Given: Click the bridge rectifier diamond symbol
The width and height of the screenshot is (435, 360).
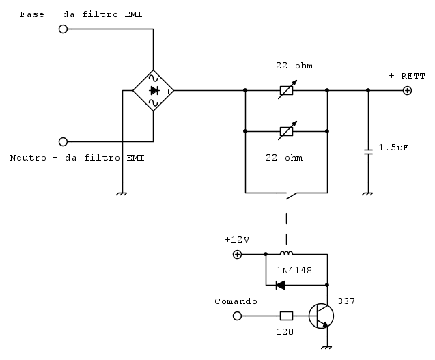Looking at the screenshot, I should click(x=153, y=90).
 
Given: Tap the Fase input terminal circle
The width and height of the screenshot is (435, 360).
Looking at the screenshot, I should click(x=64, y=29).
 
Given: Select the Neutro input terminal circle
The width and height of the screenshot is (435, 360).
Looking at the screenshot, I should click(x=64, y=141).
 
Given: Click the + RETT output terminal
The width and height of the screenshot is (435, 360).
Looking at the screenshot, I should click(x=407, y=90).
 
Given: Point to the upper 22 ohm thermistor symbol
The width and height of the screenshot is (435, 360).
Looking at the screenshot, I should click(x=287, y=90).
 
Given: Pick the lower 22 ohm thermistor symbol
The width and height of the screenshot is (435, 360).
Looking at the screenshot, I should click(x=287, y=130).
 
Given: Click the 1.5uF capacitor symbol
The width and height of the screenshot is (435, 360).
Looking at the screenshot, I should click(x=369, y=152).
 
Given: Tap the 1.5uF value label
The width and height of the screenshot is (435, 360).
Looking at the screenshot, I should click(x=394, y=147).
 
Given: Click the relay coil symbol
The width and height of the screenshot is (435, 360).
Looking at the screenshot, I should click(x=286, y=253).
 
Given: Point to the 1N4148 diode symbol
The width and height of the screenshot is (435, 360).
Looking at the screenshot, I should click(x=280, y=285).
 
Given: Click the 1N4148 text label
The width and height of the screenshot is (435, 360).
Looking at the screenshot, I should click(x=294, y=270).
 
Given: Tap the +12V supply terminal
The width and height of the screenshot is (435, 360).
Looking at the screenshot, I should click(x=238, y=254).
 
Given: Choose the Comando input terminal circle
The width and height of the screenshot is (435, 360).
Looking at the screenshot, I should click(x=238, y=316).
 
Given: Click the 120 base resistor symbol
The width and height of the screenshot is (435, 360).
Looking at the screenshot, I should click(x=287, y=316).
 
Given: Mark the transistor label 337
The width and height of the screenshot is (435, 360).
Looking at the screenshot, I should click(x=346, y=301).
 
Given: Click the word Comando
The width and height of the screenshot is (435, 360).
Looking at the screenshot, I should click(x=236, y=301).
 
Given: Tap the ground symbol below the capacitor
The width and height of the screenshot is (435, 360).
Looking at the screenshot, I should click(x=369, y=193).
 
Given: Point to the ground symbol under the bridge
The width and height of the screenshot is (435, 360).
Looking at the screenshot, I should click(x=122, y=193).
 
